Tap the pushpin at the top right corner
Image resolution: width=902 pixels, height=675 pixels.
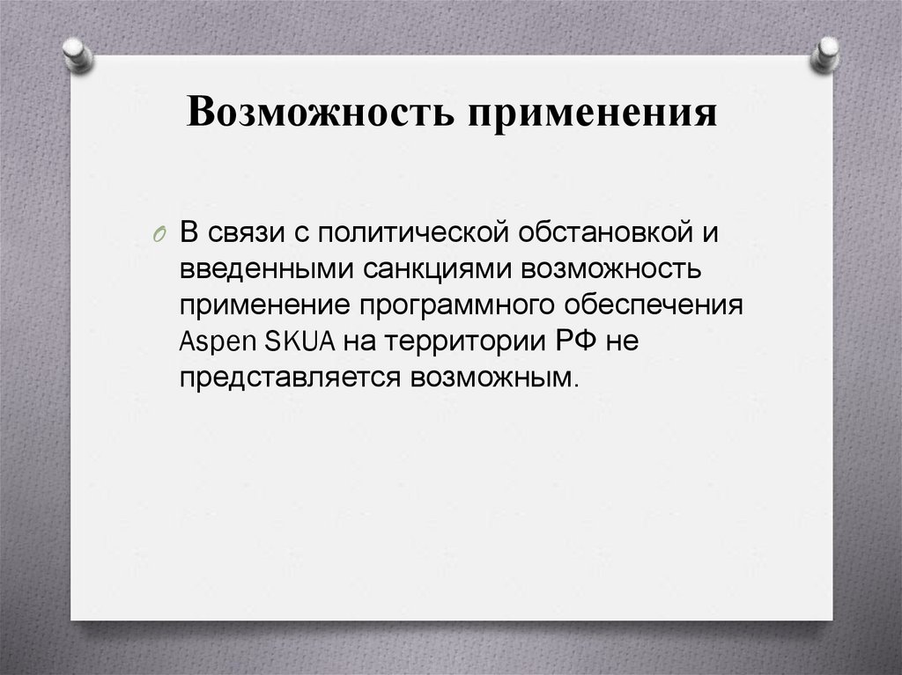826,55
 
